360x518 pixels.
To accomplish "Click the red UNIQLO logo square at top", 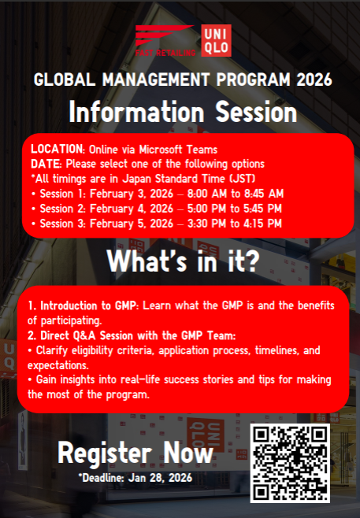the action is coord(216,41).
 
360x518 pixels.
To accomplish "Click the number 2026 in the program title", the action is coord(314,80).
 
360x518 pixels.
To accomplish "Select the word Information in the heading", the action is coord(136,112).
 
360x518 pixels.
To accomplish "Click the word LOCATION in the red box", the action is coord(58,150).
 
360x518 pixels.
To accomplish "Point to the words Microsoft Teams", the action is coord(178,150).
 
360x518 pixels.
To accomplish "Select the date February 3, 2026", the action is coord(132,194).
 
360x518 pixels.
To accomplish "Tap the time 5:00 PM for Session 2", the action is coord(206,209).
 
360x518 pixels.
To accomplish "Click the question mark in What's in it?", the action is coord(252,261).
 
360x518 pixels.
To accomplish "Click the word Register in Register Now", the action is coord(105,453).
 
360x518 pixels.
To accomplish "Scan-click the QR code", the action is coord(290,463).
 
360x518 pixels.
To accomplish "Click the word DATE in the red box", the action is coord(46,164).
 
